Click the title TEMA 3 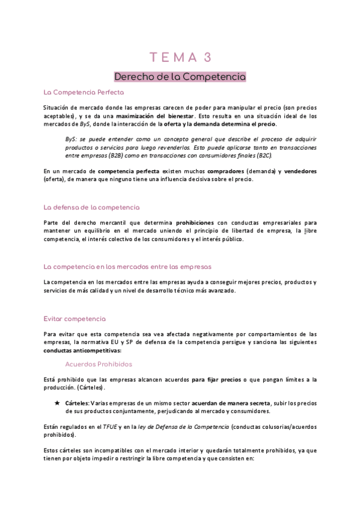pos(180,58)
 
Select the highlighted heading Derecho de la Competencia pos(180,77)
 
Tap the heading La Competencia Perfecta pos(84,93)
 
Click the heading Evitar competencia pos(75,318)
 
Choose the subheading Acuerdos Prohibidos pos(99,364)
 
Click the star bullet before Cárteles pos(57,403)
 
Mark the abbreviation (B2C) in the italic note pos(263,155)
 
